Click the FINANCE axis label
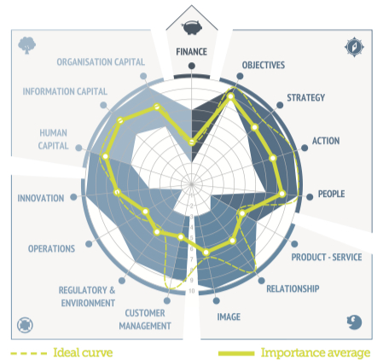(x=191, y=52)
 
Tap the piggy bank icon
(x=192, y=27)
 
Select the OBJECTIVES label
(x=264, y=65)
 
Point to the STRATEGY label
(x=305, y=97)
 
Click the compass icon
(x=354, y=47)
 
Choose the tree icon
(x=26, y=45)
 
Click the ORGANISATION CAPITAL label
(x=101, y=62)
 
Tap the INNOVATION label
(x=41, y=198)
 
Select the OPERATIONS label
(x=51, y=248)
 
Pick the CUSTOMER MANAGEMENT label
(x=145, y=319)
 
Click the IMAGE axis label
(x=229, y=316)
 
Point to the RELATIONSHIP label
(x=293, y=288)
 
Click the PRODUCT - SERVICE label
(x=327, y=257)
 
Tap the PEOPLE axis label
(x=331, y=194)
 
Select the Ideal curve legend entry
(x=61, y=353)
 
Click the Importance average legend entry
(x=294, y=353)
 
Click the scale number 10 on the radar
(x=191, y=291)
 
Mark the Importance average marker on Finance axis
(x=192, y=142)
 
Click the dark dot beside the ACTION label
(x=305, y=148)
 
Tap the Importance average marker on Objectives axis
(x=230, y=96)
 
